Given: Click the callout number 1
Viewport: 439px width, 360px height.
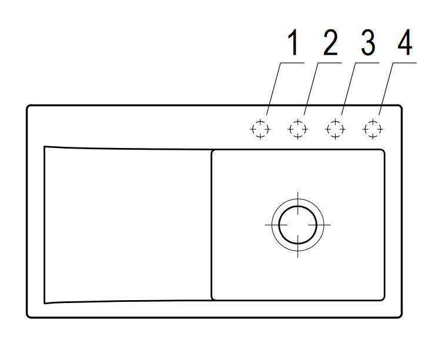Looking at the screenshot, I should click(293, 44).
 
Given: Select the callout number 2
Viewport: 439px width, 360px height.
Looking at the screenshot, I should click(330, 44).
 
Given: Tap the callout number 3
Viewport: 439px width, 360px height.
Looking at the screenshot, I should click(368, 44).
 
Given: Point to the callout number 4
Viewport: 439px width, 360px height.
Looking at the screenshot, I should click(406, 44).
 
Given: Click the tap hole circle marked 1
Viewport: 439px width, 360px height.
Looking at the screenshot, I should click(260, 129).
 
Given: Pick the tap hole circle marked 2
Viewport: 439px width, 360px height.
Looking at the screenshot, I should click(297, 129).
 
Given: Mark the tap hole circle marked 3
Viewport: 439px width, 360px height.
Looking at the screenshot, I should click(335, 129).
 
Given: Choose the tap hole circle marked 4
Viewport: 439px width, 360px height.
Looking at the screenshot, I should click(373, 129).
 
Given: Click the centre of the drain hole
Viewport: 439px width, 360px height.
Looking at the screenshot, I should click(297, 224).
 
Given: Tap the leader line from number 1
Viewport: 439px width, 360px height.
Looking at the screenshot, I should click(276, 88).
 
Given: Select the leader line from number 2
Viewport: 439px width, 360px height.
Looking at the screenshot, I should click(314, 88).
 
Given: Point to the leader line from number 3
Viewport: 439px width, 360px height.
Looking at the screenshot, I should click(351, 88).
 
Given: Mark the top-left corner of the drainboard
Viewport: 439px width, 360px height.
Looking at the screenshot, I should click(45, 147).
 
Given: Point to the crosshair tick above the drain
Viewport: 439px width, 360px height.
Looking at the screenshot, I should click(297, 197).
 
